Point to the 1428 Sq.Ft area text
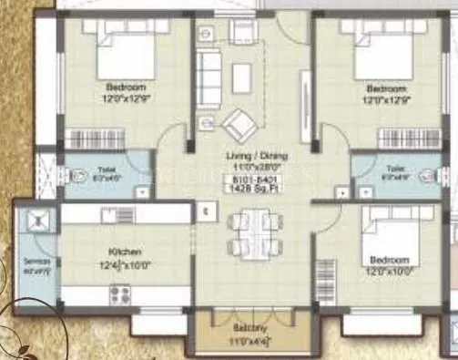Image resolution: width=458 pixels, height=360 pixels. click(x=253, y=186)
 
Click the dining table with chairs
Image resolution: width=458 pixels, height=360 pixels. click(x=250, y=233)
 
